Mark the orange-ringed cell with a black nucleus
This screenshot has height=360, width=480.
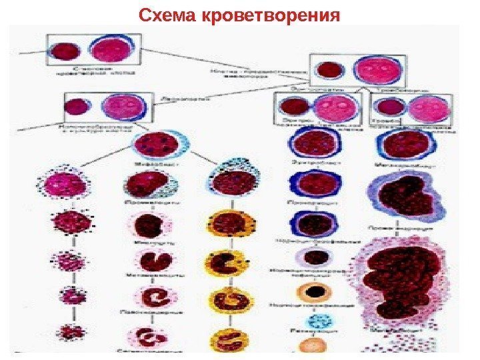[311, 291]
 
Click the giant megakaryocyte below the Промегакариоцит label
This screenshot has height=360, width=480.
[399, 280]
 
